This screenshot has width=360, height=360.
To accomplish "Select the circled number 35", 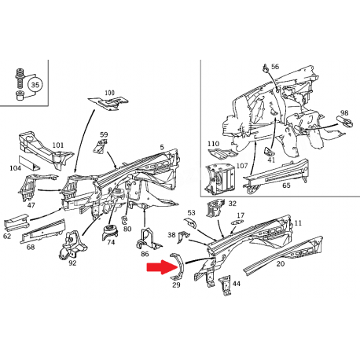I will (x=35, y=84).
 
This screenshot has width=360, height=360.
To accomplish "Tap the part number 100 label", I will (x=109, y=93).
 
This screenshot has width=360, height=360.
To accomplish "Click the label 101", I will (x=58, y=145).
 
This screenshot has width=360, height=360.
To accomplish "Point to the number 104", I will (x=15, y=168).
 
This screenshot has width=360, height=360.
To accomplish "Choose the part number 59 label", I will (x=104, y=135).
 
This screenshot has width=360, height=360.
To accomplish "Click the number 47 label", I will (x=31, y=205).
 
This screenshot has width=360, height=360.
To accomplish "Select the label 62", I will (x=7, y=235).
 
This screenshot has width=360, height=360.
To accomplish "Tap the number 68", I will (x=31, y=247).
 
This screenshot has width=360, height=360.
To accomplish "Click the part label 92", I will (x=72, y=263).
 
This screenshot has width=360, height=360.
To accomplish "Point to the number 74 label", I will (x=111, y=243).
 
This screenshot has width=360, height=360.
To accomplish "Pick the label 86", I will (x=145, y=255).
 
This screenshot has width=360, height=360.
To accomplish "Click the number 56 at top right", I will (x=275, y=67).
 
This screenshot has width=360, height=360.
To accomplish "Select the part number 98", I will (x=344, y=113).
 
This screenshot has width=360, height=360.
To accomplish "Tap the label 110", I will (x=213, y=144).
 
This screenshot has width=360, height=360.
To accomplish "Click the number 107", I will (x=241, y=165).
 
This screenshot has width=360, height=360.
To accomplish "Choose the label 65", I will (x=286, y=186).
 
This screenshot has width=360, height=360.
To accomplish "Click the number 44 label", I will (x=236, y=283).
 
